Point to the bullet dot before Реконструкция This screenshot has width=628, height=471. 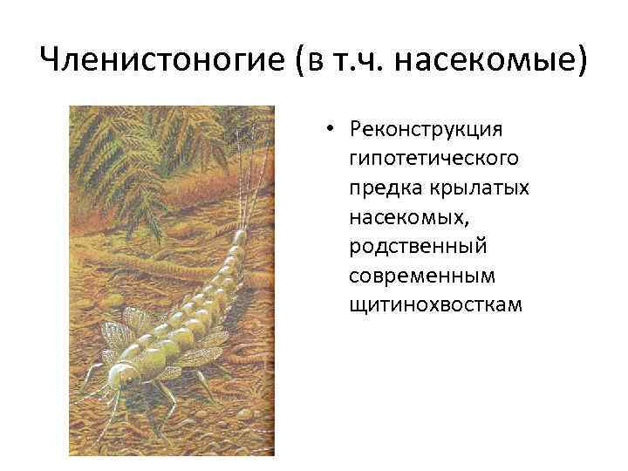(333, 131)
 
